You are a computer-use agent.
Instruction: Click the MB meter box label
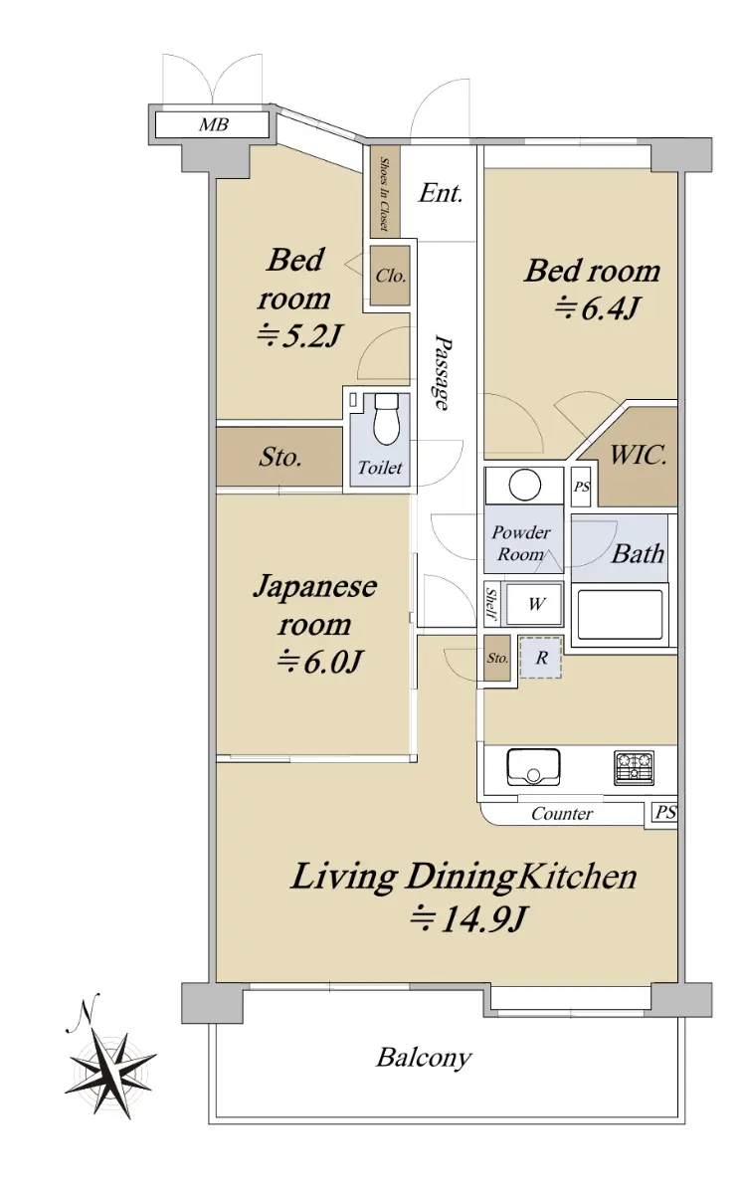(214, 124)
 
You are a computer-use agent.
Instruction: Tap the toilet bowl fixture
(386, 420)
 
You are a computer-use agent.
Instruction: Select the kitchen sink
(533, 767)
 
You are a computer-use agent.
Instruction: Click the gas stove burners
(634, 767)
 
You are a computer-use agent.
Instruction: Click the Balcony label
(424, 1058)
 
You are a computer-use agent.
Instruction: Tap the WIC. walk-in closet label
(638, 456)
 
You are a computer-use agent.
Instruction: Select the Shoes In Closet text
(384, 193)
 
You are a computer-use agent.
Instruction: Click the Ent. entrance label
(440, 193)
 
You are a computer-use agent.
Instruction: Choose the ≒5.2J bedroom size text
(297, 336)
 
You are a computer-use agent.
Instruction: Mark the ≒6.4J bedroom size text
(596, 307)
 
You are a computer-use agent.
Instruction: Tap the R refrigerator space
(541, 658)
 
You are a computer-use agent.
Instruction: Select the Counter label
(561, 814)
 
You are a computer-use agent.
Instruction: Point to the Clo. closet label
(391, 276)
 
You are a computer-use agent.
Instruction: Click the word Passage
(442, 372)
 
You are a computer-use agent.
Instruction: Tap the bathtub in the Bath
(620, 614)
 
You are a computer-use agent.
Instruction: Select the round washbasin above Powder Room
(525, 485)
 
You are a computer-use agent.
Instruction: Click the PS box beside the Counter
(665, 812)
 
